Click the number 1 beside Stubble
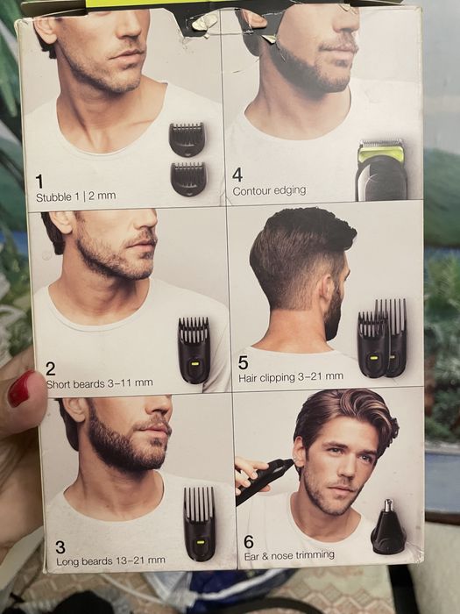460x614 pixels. click(x=39, y=181)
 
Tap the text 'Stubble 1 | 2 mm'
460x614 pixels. click(x=75, y=196)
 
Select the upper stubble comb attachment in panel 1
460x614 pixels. click(x=187, y=139)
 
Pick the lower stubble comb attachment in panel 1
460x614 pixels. click(x=188, y=178)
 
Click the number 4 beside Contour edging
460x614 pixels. click(x=237, y=175)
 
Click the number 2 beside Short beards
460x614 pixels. click(x=50, y=368)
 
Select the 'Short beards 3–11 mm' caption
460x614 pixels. click(x=99, y=382)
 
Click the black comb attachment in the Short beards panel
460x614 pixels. click(x=194, y=349)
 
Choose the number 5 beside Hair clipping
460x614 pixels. click(x=243, y=362)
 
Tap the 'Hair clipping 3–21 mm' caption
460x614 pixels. click(x=293, y=378)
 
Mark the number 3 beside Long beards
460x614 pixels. click(x=60, y=546)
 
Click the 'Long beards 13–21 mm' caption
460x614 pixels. click(x=110, y=560)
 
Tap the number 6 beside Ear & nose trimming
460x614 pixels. click(x=249, y=541)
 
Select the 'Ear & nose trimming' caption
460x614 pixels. click(x=288, y=554)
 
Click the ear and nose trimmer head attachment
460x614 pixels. click(x=387, y=527)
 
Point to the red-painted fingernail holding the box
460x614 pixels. click(x=20, y=388)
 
